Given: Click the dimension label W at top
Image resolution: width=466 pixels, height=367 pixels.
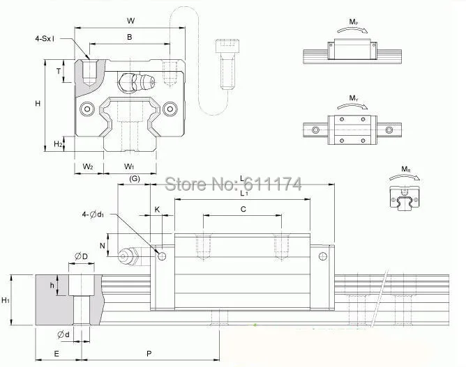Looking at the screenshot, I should click(x=130, y=20).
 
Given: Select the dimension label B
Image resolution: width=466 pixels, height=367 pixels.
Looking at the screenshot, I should click(x=130, y=37).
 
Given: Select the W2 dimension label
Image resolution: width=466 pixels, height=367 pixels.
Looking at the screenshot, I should click(x=88, y=166).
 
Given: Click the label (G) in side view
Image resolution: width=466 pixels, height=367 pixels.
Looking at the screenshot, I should click(x=135, y=180).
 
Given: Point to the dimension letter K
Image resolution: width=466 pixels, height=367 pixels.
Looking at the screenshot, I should click(x=157, y=209).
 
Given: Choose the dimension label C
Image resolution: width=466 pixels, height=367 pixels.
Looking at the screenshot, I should click(x=243, y=209).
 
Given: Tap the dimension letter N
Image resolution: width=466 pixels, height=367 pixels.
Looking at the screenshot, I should click(x=103, y=245).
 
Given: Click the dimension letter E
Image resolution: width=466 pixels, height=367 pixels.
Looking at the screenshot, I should click(x=56, y=353).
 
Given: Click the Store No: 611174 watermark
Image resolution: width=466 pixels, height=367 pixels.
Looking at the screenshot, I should click(x=232, y=185).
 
